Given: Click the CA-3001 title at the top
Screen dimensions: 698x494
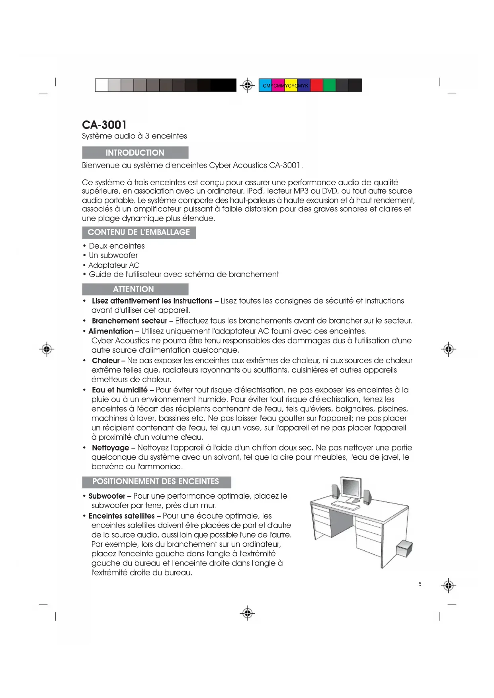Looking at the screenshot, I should [x=104, y=125].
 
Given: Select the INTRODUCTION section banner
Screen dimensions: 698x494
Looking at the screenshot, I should [x=135, y=153].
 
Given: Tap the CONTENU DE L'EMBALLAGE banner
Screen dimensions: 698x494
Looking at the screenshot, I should [x=139, y=232].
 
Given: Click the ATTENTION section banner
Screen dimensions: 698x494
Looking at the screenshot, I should [x=135, y=289].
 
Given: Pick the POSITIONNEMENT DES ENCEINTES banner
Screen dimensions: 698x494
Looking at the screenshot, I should [x=156, y=482].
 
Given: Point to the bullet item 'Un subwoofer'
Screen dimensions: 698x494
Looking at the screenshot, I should [x=113, y=255].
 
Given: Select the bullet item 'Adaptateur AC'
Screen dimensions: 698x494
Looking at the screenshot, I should [x=114, y=265].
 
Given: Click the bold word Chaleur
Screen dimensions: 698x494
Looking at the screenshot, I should [x=105, y=361].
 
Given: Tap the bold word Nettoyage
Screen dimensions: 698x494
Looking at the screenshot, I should [x=110, y=448].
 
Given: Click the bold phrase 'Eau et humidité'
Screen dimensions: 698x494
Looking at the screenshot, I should [x=119, y=390].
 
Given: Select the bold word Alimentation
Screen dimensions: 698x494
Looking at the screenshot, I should [x=111, y=331].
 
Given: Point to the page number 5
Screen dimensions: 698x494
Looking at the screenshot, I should [x=420, y=584].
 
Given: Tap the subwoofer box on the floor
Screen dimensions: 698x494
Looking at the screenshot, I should [x=404, y=549].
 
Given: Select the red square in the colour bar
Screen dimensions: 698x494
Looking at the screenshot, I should [x=316, y=85].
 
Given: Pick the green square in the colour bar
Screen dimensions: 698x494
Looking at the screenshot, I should [x=329, y=85].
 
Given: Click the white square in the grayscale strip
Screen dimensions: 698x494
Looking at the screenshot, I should [x=102, y=85].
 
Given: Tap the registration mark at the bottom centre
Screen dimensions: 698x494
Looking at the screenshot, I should [x=248, y=613].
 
